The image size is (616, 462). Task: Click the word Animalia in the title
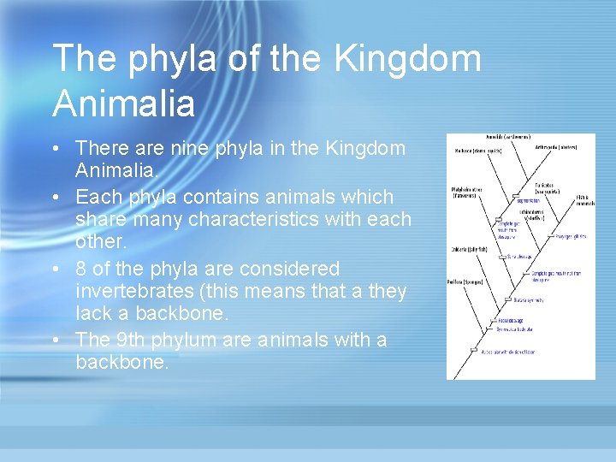click(x=124, y=104)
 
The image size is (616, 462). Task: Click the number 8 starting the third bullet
click(x=81, y=269)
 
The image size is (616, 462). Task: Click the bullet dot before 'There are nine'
click(x=55, y=149)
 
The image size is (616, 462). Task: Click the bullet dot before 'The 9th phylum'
click(x=55, y=340)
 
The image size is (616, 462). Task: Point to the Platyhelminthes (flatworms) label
click(x=468, y=192)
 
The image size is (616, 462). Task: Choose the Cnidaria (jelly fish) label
click(x=470, y=249)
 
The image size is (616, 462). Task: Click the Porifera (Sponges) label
click(x=466, y=281)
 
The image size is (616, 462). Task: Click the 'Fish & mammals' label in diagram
click(x=583, y=200)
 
